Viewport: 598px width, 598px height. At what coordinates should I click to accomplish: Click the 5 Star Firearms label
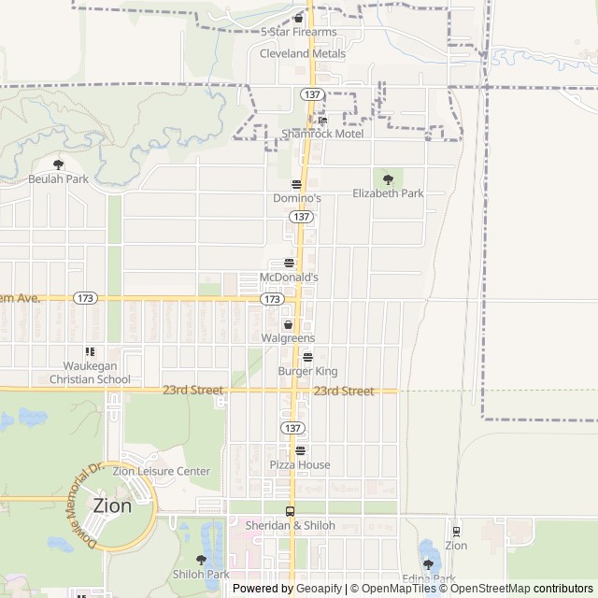click(297, 32)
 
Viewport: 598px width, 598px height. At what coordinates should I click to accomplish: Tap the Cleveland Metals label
click(302, 54)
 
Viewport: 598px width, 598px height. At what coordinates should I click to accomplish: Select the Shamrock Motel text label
click(322, 134)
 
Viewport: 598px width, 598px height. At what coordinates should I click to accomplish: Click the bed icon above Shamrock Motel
click(322, 120)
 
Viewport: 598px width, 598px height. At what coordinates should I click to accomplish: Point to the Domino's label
click(297, 199)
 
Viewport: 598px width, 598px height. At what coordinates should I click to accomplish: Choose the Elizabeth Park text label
click(388, 193)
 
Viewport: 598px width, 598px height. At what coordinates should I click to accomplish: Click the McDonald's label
click(289, 278)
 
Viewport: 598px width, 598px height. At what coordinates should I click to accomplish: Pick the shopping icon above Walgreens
click(288, 323)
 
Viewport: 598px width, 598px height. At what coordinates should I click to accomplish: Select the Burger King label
click(307, 371)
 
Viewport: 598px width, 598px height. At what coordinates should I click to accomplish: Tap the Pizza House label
click(300, 464)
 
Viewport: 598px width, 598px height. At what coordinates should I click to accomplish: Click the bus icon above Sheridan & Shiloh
click(290, 511)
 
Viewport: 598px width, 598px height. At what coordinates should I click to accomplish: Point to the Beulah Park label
click(58, 178)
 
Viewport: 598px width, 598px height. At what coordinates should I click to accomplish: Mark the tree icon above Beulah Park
click(58, 164)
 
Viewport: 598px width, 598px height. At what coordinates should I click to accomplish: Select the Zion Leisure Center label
click(162, 472)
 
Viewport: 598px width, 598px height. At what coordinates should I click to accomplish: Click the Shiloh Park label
click(201, 574)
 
